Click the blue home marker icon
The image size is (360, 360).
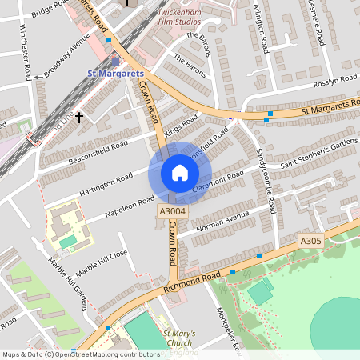click(180, 173)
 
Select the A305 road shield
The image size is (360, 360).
click(311, 241)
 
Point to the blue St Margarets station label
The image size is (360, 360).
click(114, 74)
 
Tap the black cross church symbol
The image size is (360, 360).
click(79, 117)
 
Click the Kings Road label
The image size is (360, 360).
click(181, 125)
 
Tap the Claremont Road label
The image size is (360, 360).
click(218, 182)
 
